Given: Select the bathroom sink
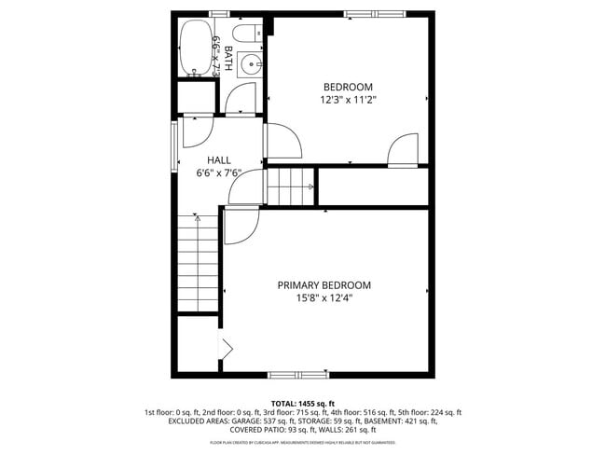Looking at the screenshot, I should point(251,64).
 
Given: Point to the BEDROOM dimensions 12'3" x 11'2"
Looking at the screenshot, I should point(348,98).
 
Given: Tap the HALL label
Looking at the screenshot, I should point(218,159).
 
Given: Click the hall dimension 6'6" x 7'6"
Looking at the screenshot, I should point(218,172).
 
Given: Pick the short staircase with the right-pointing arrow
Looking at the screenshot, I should point(292,186).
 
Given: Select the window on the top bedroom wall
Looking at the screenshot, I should point(374,14).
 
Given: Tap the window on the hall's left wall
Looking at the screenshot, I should point(173,146).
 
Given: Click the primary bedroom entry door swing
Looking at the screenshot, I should point(241,227).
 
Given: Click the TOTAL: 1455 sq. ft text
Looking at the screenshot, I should point(303,403).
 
